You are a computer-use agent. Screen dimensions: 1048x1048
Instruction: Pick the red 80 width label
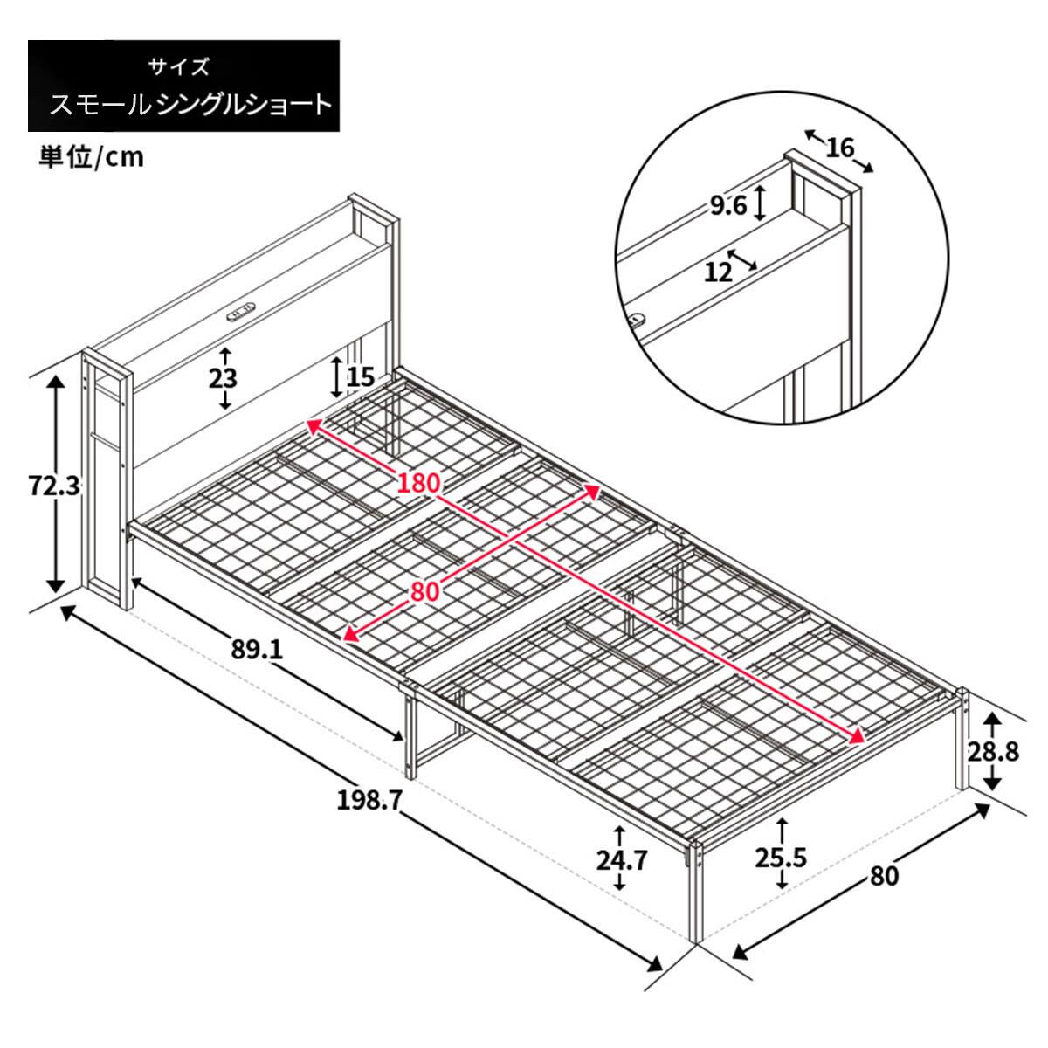point(424,591)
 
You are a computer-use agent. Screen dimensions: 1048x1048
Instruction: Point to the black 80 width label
point(884,874)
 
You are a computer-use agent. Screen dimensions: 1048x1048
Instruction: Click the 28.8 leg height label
point(993,751)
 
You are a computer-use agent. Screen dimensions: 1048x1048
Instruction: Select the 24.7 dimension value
point(622,860)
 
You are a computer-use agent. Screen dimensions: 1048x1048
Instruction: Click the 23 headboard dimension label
point(224,378)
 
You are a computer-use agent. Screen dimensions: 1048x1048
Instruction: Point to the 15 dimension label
point(359,377)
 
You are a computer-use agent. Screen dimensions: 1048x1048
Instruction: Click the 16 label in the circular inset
point(839,148)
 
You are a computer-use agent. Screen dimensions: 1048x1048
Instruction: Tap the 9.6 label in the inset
point(727,205)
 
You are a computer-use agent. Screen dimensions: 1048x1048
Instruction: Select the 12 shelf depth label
point(718,272)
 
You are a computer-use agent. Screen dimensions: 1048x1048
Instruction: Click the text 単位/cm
point(92,157)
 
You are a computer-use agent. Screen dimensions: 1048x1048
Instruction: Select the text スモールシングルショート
point(190,105)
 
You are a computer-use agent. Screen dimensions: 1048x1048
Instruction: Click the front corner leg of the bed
point(695,891)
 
